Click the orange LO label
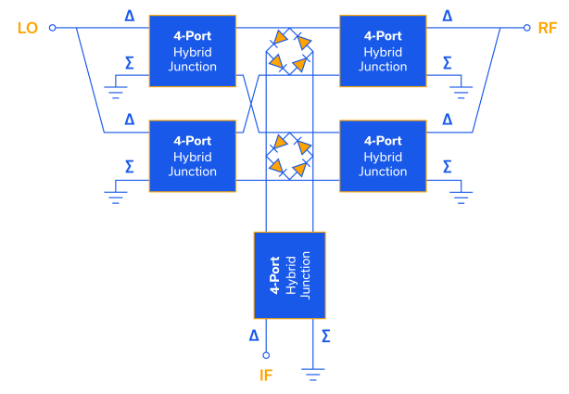pos(28,28)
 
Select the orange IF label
pos(266,375)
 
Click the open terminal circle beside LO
pos(53,28)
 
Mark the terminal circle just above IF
pos(266,354)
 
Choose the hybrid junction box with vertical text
pos(290,274)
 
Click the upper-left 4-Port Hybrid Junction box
pos(194,51)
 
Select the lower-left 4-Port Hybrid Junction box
pos(194,156)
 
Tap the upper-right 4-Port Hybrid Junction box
pos(384,51)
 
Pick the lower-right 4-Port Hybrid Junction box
pos(384,156)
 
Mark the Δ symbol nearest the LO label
pos(129,16)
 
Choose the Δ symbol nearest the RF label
pos(448,16)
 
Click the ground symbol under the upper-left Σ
pos(117,91)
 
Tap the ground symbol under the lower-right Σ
pos(461,196)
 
